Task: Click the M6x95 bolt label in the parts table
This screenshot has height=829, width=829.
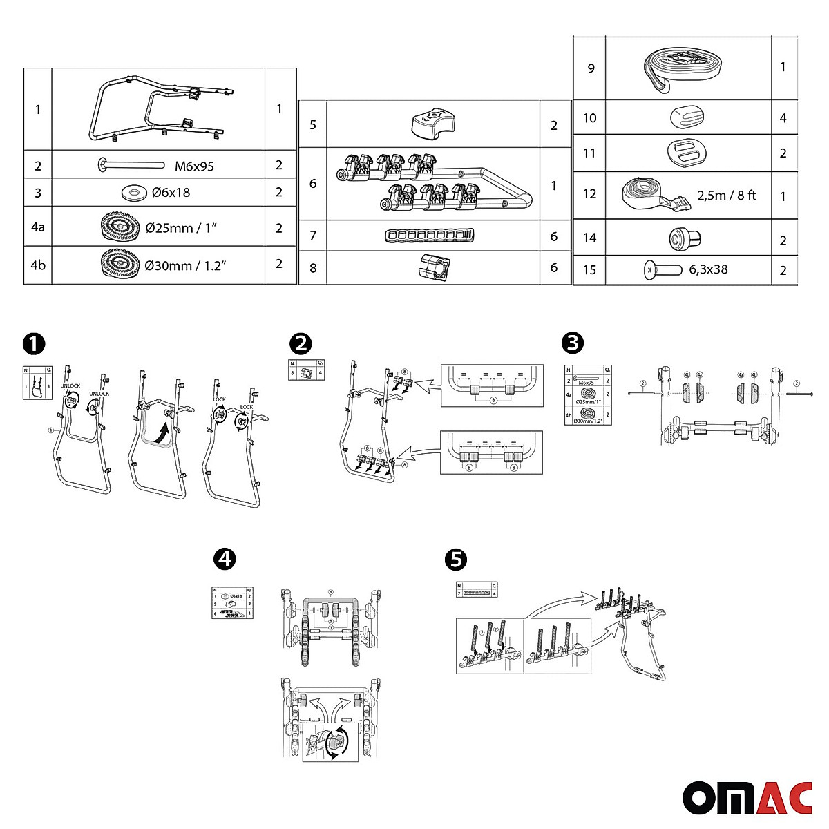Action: coord(194,166)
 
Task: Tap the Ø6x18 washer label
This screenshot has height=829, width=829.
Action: coord(171,193)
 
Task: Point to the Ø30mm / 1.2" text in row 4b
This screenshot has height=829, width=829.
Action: coord(187,265)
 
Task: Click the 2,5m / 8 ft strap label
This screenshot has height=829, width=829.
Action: coord(726,196)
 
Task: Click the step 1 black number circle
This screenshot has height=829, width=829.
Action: coord(32,343)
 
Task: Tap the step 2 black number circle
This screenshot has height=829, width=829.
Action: coord(301,343)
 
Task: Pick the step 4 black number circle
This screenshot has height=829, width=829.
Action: coord(224,559)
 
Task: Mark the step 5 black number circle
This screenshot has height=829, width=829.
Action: coord(455,559)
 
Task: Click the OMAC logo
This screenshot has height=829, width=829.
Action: coord(747,799)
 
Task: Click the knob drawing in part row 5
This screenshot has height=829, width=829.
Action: coord(433,124)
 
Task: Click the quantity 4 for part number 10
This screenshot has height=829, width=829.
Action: coord(783,118)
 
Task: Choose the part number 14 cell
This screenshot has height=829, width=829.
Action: coord(589,238)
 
